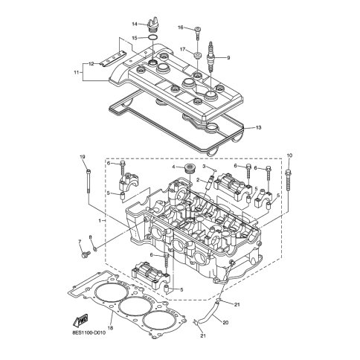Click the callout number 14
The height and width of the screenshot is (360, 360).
[135, 24]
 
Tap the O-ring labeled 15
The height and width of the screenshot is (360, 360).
[152, 38]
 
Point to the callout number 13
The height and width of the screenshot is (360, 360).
[258, 128]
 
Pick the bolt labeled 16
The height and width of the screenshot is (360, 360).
[198, 33]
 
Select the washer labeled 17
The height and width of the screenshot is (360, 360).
[198, 55]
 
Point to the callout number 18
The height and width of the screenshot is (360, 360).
[111, 328]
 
